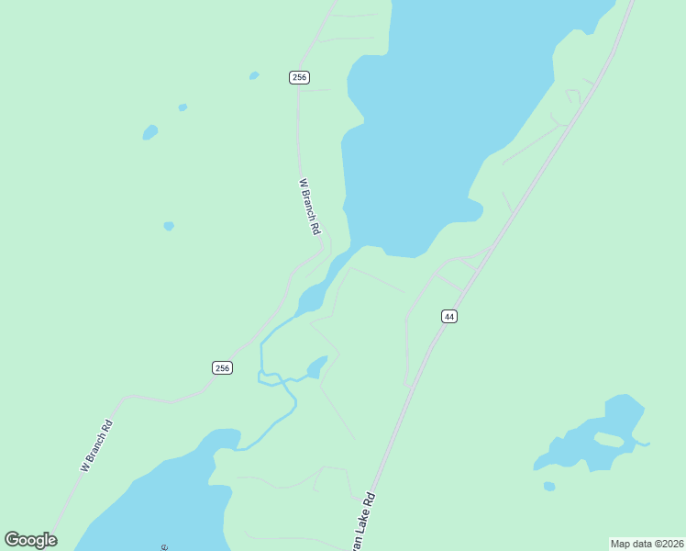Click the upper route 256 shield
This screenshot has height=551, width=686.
298,77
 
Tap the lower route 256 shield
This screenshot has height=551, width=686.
222,367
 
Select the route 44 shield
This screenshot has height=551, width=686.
448,316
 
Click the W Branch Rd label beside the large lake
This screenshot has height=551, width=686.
310,206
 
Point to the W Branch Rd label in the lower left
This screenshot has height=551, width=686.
96,445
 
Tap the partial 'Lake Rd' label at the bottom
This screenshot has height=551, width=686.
365,520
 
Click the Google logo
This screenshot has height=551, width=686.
30,540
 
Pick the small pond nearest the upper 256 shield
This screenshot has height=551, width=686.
254,75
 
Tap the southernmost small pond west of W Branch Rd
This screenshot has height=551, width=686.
169,226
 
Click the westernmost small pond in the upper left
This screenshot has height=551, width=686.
149,133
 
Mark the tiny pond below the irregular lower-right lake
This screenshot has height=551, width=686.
548,486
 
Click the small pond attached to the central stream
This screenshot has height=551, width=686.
316,367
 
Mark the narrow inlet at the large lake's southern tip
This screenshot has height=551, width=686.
316,294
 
